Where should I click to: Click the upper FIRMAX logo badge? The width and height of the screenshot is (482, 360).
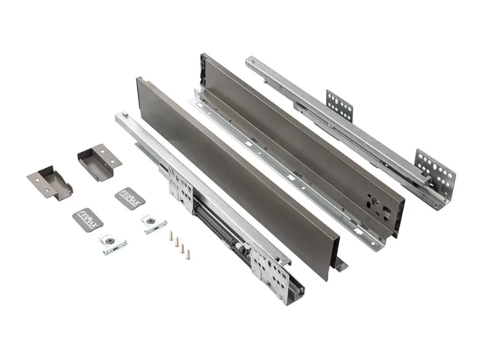[x=130, y=199]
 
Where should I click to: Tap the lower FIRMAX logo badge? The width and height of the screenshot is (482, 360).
[x=88, y=220]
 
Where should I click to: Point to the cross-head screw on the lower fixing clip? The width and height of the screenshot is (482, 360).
[x=110, y=241]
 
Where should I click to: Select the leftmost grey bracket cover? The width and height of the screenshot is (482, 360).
[x=50, y=182]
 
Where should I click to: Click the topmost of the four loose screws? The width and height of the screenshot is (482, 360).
[x=171, y=235]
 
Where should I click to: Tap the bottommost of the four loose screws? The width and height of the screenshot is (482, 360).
[x=187, y=255]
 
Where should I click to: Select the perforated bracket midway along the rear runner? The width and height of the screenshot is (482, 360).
[x=339, y=105]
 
